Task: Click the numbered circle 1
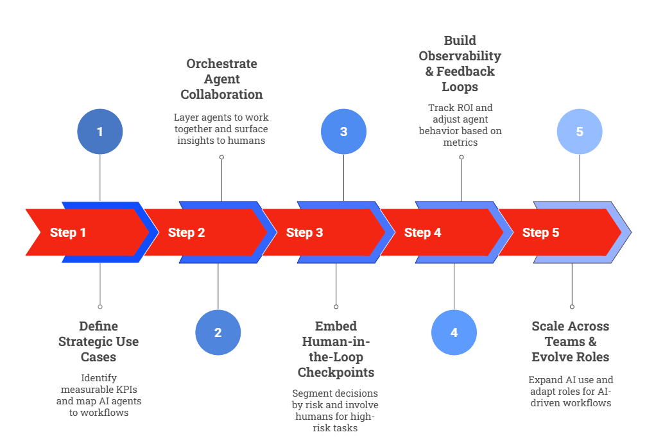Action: coord(99,132)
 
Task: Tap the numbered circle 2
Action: coord(218,332)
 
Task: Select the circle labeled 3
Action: coord(343,132)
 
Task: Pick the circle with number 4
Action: coord(454,332)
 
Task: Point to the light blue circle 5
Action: coord(579,132)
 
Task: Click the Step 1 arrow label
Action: coord(68,232)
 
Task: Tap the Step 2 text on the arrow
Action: coord(186,232)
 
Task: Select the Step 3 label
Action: coord(304,232)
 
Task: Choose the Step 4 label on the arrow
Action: coord(422,232)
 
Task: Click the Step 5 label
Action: coord(540,232)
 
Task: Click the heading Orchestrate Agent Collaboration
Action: coord(221,79)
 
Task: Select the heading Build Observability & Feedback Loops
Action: coord(460,64)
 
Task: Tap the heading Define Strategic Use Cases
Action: coord(98,341)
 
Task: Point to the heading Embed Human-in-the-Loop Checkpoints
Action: coord(336,349)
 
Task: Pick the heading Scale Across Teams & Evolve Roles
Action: coord(570,341)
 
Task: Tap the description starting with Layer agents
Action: coord(221,129)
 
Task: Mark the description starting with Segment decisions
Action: coord(336,410)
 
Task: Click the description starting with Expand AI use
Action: coord(570,391)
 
